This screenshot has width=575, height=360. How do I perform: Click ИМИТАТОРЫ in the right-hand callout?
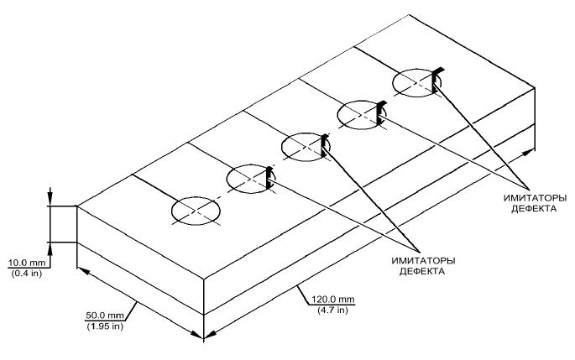tap(534, 197)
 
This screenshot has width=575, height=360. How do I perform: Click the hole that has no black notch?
tap(196, 211)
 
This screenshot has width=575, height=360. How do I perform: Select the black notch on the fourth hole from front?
tap(380, 112)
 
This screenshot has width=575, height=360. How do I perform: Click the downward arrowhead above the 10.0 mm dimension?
tap(50, 201)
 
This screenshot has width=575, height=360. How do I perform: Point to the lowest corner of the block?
tap(204, 339)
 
